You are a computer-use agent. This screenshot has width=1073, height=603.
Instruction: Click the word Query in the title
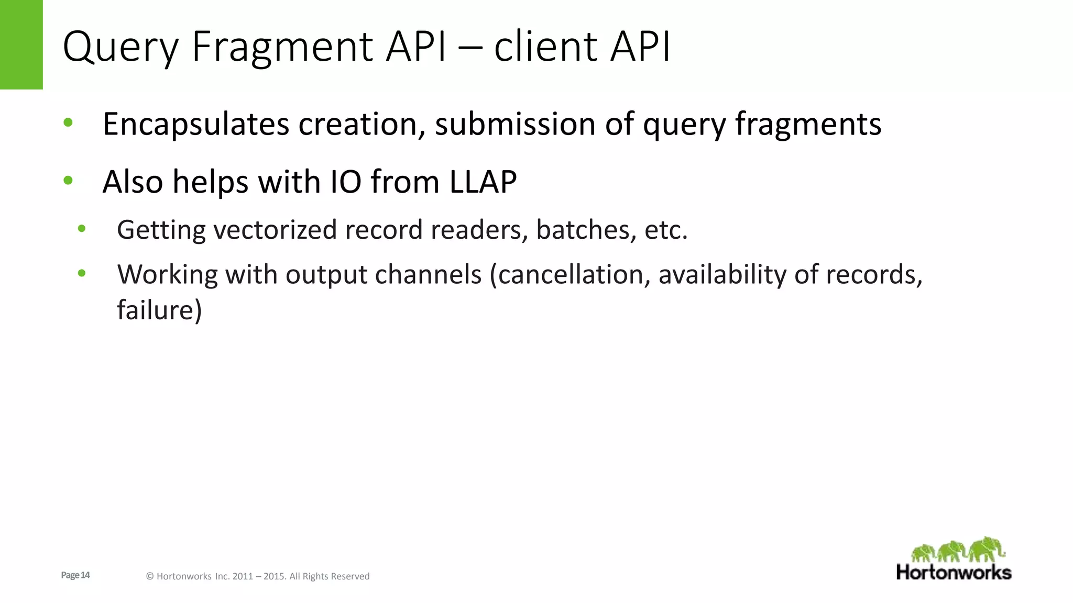pyautogui.click(x=121, y=47)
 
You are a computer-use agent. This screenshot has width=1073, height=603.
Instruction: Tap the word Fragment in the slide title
pyautogui.click(x=282, y=47)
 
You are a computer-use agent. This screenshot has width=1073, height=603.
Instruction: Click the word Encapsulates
pyautogui.click(x=195, y=125)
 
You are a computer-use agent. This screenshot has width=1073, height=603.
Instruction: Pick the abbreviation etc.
pyautogui.click(x=666, y=230)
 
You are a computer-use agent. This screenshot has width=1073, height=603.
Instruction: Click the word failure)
pyautogui.click(x=159, y=310)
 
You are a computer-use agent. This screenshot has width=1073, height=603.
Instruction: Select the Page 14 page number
pyautogui.click(x=75, y=575)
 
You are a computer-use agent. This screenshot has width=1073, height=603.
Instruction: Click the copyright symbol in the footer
pyautogui.click(x=150, y=576)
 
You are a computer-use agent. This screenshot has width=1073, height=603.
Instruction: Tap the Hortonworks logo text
pyautogui.click(x=954, y=572)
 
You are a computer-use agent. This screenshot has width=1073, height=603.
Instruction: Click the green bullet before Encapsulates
pyautogui.click(x=68, y=123)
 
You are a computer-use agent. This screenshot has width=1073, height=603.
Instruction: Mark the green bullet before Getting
pyautogui.click(x=82, y=229)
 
